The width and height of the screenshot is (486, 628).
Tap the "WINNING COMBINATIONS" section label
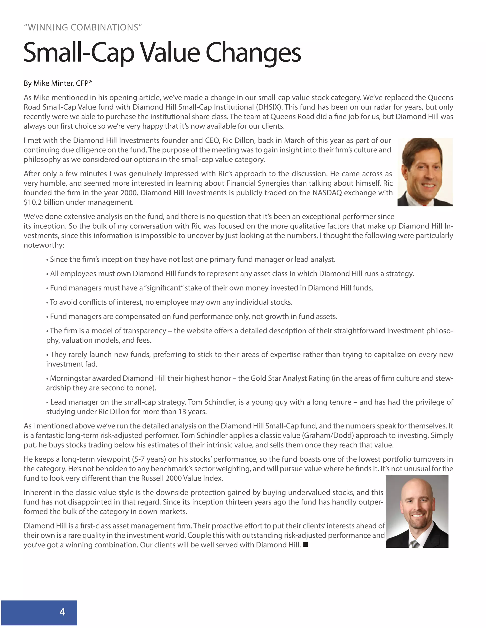coord(83,27)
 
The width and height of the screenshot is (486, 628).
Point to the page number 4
coord(62,612)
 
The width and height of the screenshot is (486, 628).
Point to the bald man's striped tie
coord(414,543)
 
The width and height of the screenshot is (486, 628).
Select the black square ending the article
coord(305,544)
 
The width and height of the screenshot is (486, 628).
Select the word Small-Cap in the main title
coord(79,53)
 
